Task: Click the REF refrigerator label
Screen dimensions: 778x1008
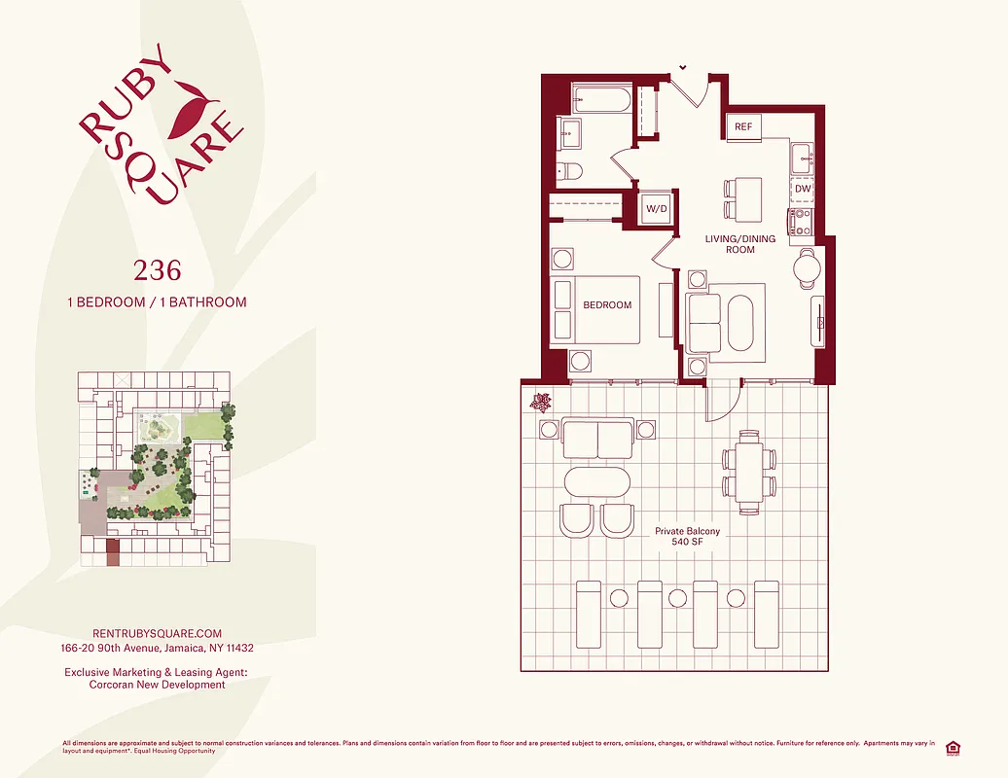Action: pyautogui.click(x=743, y=127)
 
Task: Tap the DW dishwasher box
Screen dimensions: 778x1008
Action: pyautogui.click(x=802, y=189)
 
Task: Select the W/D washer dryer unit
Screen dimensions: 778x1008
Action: pyautogui.click(x=655, y=208)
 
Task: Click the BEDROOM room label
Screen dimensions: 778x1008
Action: pyautogui.click(x=607, y=305)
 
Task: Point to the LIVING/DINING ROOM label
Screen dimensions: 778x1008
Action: pyautogui.click(x=739, y=243)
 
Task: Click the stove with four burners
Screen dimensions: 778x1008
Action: pyautogui.click(x=801, y=223)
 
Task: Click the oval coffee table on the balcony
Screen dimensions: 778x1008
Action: pyautogui.click(x=597, y=482)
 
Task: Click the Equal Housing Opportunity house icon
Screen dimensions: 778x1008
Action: pyautogui.click(x=953, y=747)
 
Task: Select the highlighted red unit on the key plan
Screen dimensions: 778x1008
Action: pyautogui.click(x=113, y=553)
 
